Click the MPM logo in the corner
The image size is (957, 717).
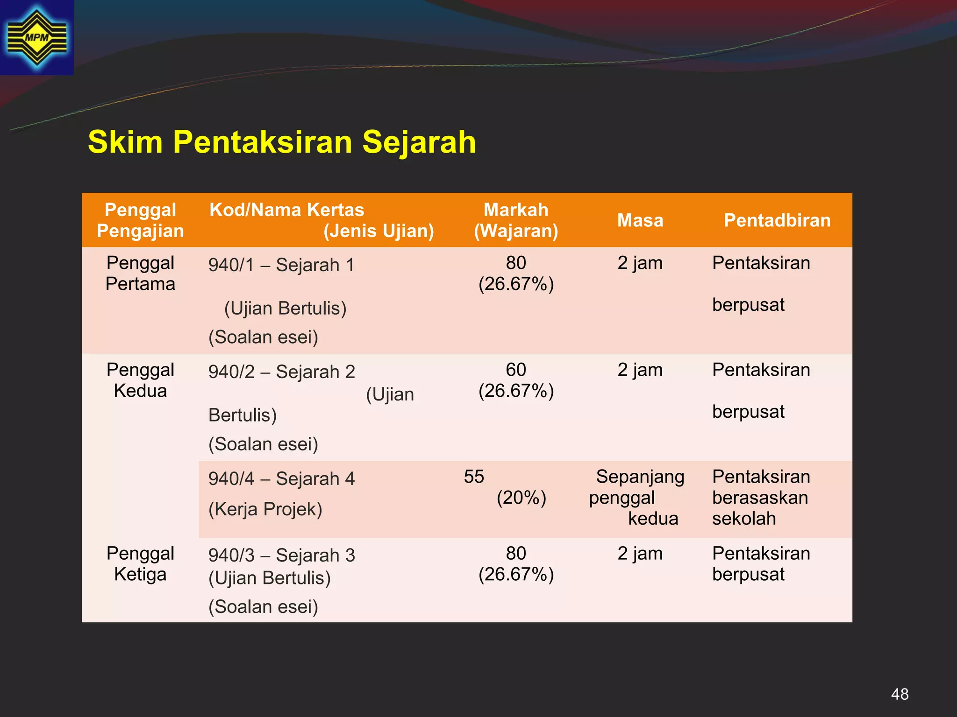[x=36, y=37]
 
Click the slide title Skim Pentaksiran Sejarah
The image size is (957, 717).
[x=282, y=142]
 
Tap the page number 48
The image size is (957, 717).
[x=900, y=694]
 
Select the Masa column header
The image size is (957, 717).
[x=640, y=220]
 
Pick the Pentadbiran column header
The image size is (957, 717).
[x=777, y=220]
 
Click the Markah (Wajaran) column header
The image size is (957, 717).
[x=516, y=220]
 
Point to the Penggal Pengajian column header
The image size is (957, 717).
[x=140, y=220]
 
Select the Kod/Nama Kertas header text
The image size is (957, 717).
[x=286, y=210]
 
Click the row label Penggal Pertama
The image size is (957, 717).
[x=140, y=274]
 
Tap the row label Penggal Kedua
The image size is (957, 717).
[x=140, y=380]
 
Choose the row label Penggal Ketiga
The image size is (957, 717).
[x=140, y=564]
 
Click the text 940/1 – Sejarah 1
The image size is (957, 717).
[x=281, y=265]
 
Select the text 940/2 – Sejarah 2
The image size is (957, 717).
[x=281, y=372]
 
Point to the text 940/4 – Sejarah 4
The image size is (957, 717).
[x=281, y=479]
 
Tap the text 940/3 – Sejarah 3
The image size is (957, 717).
[x=281, y=555]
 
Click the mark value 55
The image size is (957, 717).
[x=474, y=477]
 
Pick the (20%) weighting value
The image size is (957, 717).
[x=521, y=498]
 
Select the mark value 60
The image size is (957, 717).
[x=516, y=370]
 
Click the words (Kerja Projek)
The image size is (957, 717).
[x=265, y=509]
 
